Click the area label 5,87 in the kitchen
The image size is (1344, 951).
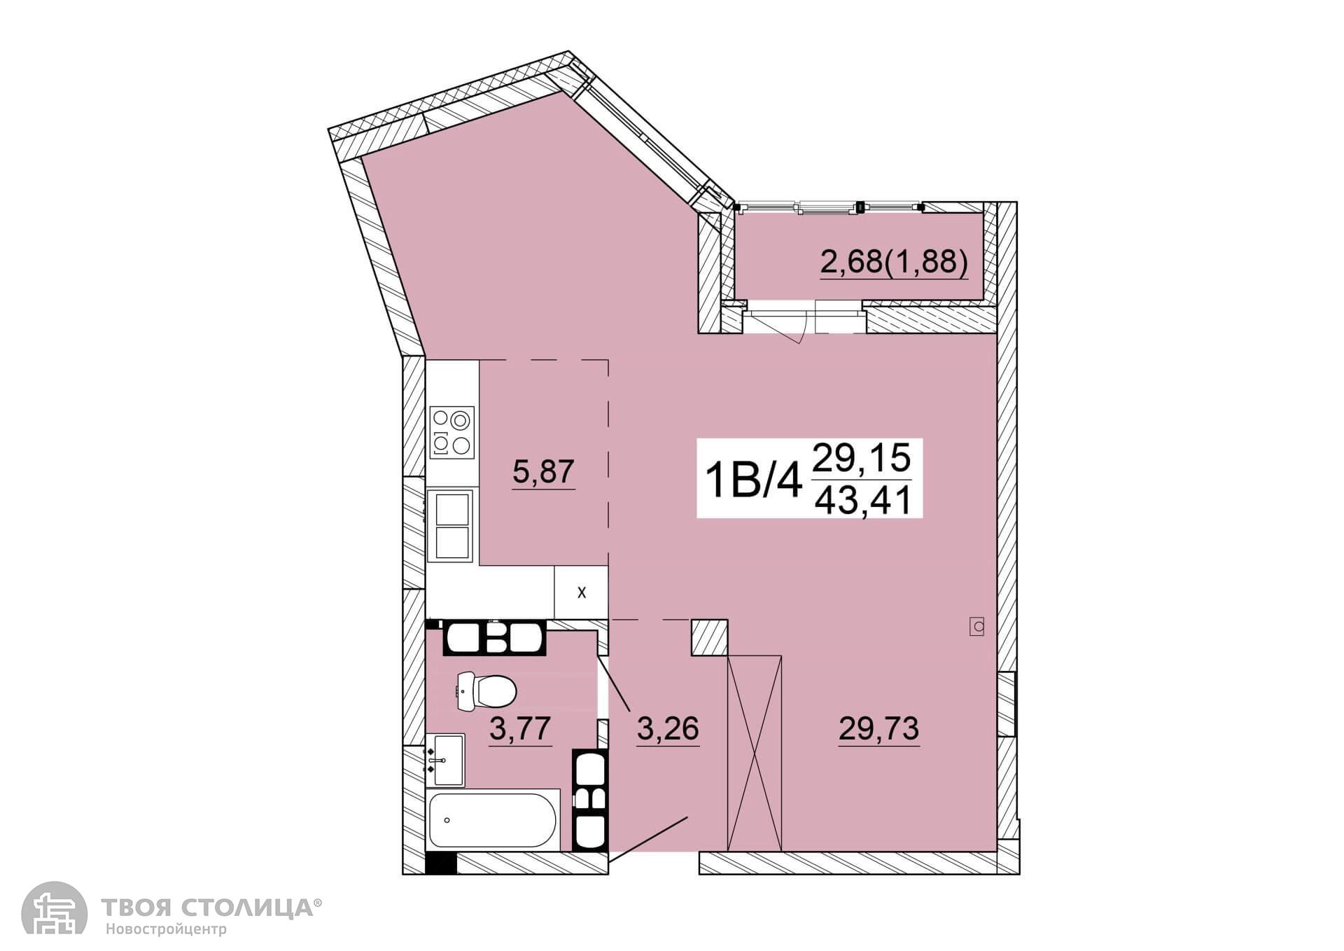[x=543, y=471]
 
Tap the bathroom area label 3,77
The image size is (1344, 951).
[x=520, y=728]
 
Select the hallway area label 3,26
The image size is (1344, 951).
[x=668, y=728]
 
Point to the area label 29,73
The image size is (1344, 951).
[x=878, y=728]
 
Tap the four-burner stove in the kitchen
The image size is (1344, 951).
[x=451, y=432]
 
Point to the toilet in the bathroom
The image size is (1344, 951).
[x=486, y=690]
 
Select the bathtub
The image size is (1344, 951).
[x=493, y=820]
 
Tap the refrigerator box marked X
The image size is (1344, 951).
[x=581, y=592]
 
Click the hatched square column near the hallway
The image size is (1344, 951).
[x=710, y=637]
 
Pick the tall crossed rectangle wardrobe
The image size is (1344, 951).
[x=755, y=753]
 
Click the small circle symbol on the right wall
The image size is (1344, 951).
[x=977, y=626]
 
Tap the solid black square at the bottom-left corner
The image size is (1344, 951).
[x=440, y=863]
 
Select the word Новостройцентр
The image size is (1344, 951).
[x=167, y=930]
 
